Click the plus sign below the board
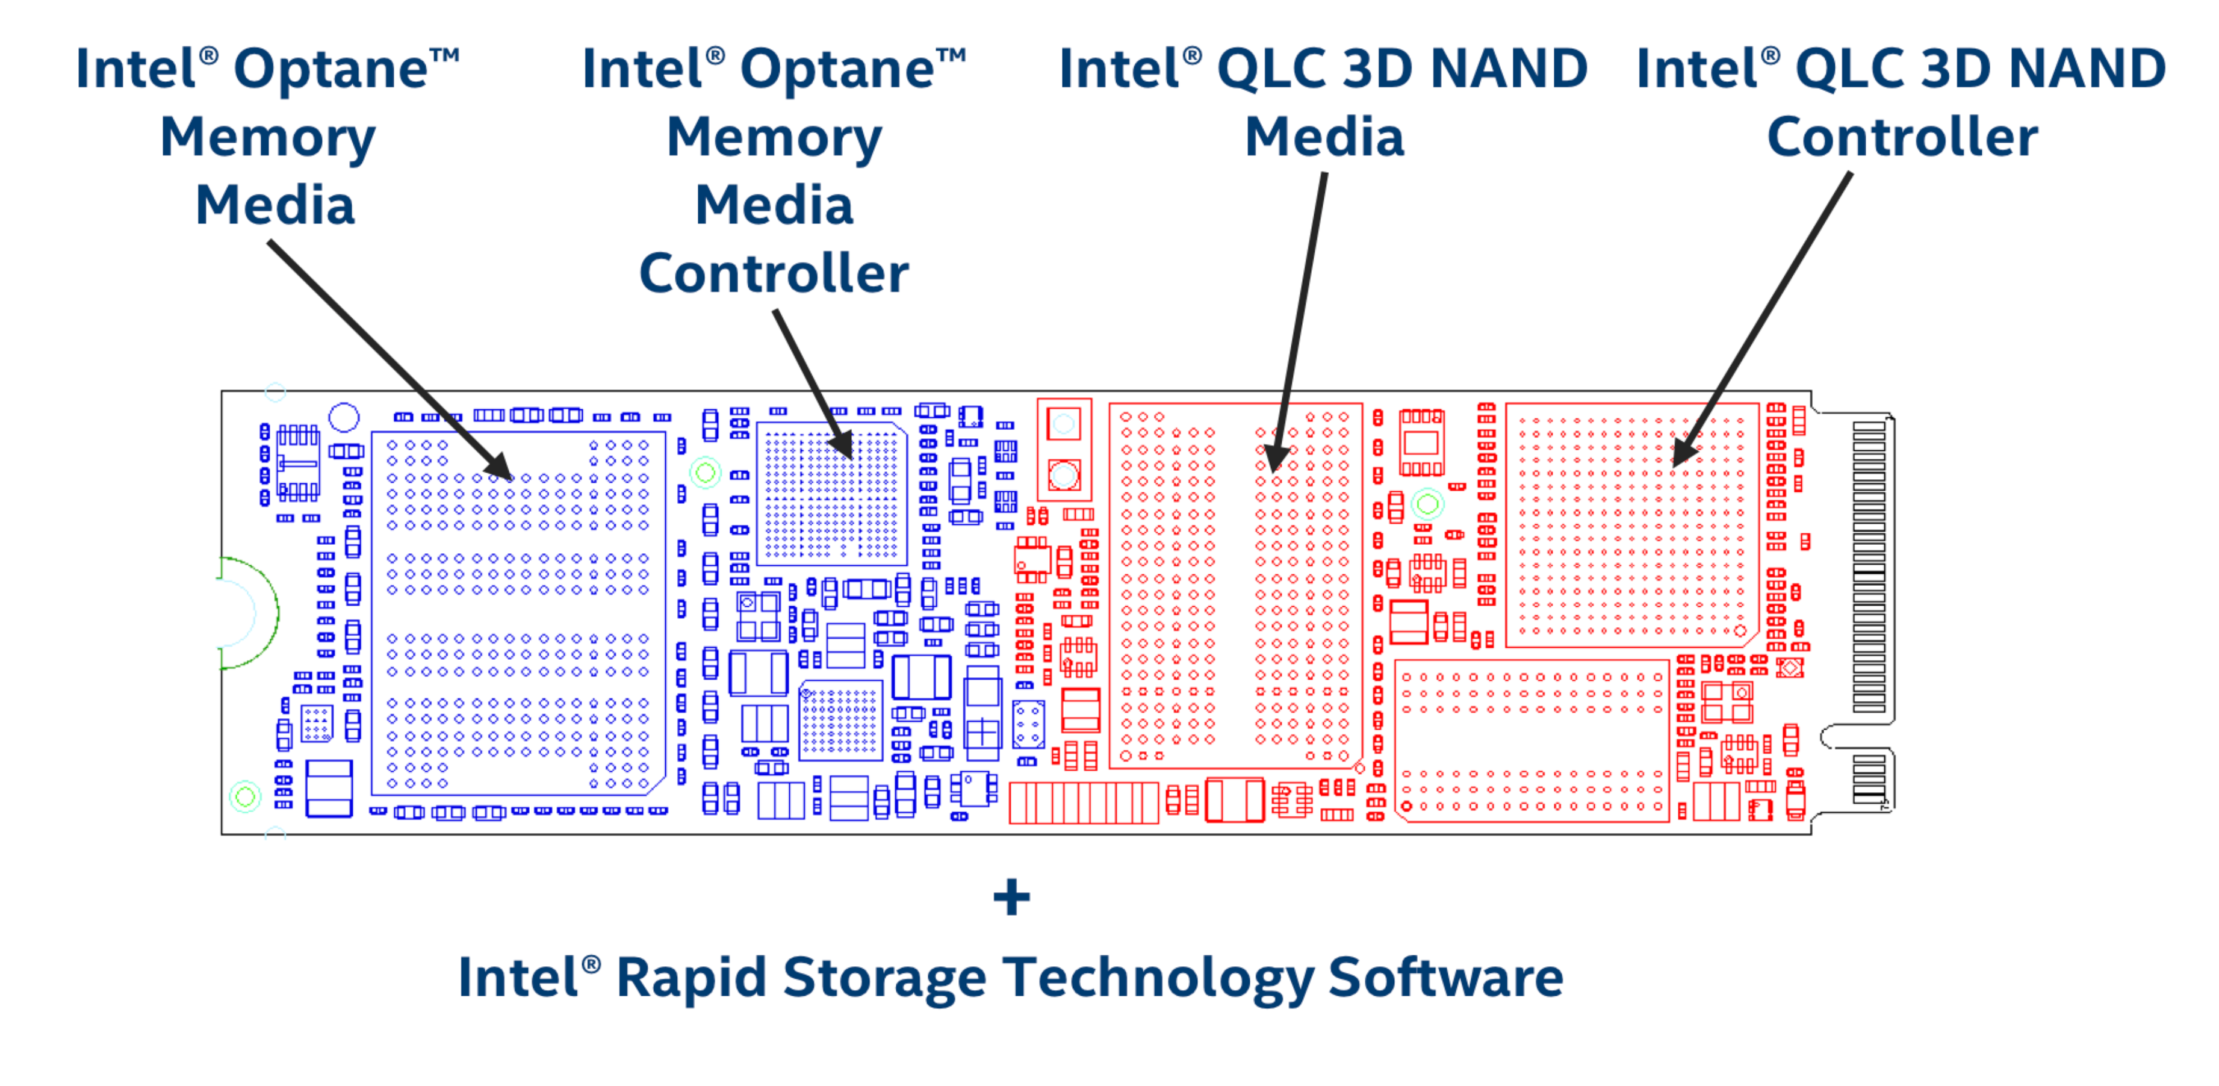pyautogui.click(x=1011, y=898)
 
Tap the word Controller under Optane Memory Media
pyautogui.click(x=774, y=274)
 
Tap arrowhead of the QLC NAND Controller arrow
pyautogui.click(x=1680, y=455)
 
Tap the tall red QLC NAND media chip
pyautogui.click(x=1235, y=586)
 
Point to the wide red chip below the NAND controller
pyautogui.click(x=1532, y=740)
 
